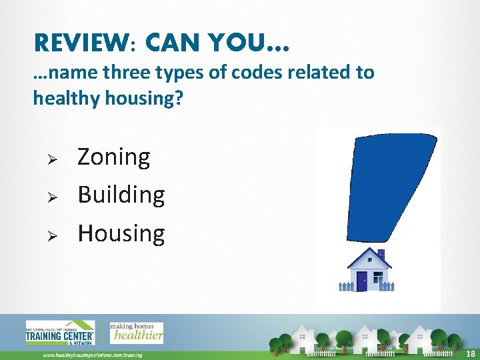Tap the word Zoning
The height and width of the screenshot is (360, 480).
114,157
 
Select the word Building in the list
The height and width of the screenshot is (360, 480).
121,195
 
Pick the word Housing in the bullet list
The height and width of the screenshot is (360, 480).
121,233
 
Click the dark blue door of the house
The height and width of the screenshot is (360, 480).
362,281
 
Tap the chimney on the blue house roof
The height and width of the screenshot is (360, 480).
381,253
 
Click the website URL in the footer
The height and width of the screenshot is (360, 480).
93,355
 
